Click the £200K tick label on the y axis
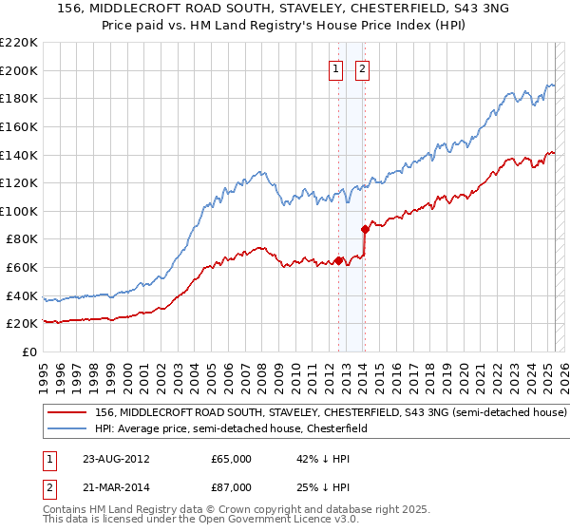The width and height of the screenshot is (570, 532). pyautogui.click(x=19, y=70)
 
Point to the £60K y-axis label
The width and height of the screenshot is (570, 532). pyautogui.click(x=22, y=268)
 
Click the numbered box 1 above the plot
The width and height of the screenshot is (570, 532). pyautogui.click(x=337, y=68)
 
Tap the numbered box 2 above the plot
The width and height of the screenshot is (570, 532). pyautogui.click(x=363, y=68)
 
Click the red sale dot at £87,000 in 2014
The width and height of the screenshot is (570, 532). pyautogui.click(x=365, y=229)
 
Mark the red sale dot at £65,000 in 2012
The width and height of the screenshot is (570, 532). pyautogui.click(x=339, y=260)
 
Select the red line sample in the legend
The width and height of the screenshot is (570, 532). pyautogui.click(x=68, y=413)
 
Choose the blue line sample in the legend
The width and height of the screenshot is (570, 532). pyautogui.click(x=68, y=428)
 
